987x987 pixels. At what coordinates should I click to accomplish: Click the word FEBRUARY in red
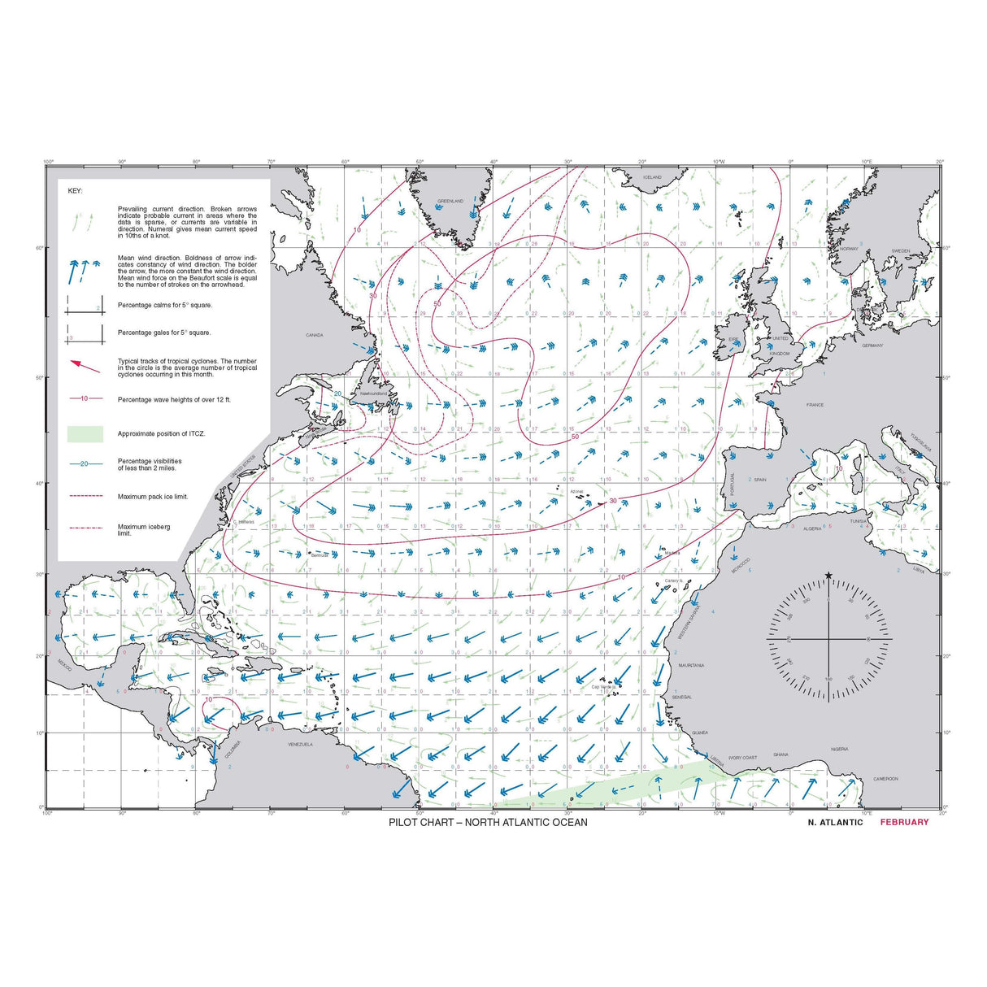[x=903, y=822]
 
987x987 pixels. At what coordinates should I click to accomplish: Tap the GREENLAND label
[x=450, y=201]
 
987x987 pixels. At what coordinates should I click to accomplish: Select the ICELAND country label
[x=652, y=177]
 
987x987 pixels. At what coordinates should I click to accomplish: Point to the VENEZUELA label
[x=300, y=745]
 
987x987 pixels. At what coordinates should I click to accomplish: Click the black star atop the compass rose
[x=828, y=576]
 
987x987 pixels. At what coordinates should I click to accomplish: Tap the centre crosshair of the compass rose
[x=828, y=638]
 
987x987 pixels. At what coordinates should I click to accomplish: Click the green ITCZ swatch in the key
[x=85, y=434]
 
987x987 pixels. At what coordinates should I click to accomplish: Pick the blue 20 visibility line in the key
[x=85, y=463]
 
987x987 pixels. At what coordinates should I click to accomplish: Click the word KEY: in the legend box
[x=75, y=191]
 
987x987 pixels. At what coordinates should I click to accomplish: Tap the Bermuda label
[x=320, y=555]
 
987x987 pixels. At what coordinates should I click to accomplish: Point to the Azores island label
[x=576, y=492]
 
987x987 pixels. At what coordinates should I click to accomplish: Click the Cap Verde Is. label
[x=603, y=687]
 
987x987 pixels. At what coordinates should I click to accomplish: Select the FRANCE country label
[x=815, y=405]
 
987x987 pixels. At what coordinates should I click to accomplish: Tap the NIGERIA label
[x=839, y=749]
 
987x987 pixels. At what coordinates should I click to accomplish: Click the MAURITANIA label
[x=691, y=665]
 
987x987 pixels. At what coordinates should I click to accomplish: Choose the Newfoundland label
[x=373, y=393]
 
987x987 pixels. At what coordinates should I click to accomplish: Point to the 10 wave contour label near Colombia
[x=208, y=699]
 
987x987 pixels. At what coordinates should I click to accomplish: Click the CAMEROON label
[x=885, y=779]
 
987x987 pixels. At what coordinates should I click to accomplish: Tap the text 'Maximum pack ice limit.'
[x=152, y=497]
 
